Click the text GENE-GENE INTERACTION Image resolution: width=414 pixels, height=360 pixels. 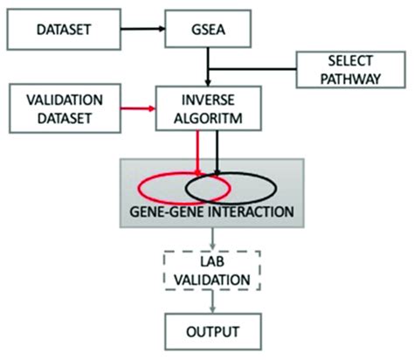[x=210, y=211]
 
